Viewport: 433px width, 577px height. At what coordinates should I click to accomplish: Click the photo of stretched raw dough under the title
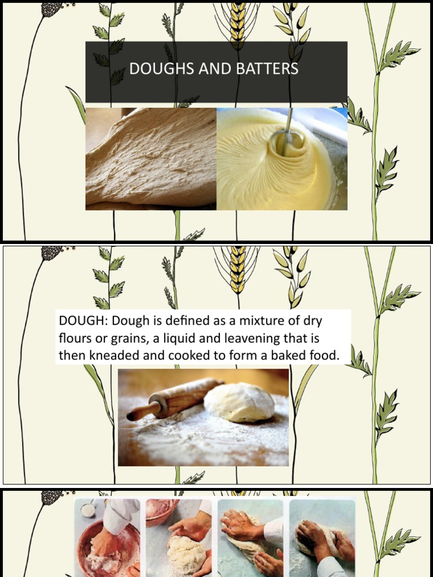coord(151,159)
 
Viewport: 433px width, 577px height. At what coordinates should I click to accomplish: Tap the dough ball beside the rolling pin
coord(239,402)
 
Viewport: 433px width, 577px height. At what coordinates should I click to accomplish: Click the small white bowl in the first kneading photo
coord(88,509)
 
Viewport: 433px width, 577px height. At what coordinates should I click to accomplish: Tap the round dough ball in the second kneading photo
coord(185,552)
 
